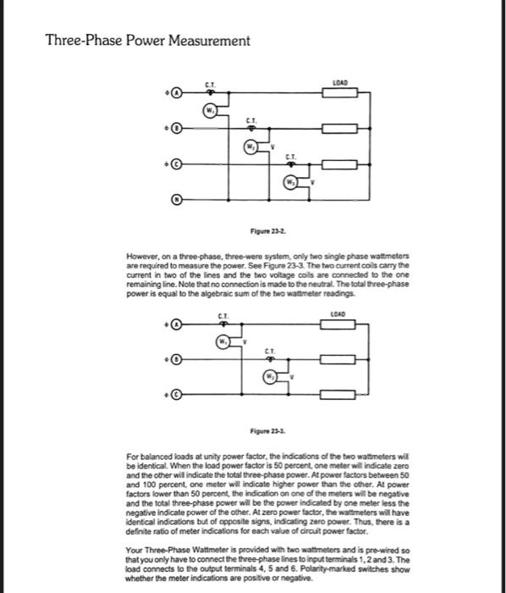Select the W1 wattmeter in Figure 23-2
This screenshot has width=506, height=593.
(x=209, y=110)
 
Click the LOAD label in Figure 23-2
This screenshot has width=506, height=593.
(x=341, y=81)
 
